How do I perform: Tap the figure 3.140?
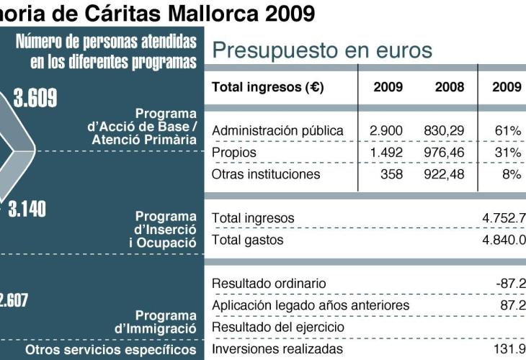(27, 209)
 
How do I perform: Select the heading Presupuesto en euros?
(322, 51)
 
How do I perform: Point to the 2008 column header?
(450, 87)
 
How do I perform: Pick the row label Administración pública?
(277, 131)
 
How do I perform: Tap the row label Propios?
(234, 153)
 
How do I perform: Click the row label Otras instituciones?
(266, 174)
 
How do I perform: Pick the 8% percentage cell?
(511, 174)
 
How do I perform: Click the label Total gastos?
(248, 240)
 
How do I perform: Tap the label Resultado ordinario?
(269, 284)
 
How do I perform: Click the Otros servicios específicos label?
(111, 350)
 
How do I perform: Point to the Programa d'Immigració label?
(156, 322)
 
